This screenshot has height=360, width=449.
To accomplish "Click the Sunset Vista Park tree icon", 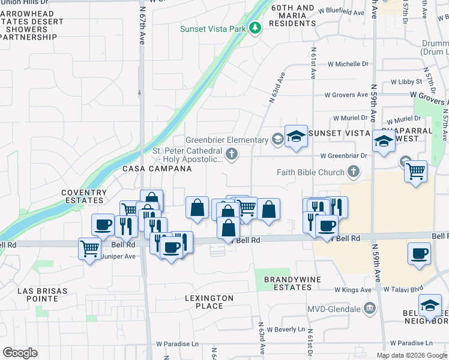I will pyautogui.click(x=255, y=28).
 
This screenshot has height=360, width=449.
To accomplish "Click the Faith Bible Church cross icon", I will pyautogui.click(x=354, y=172).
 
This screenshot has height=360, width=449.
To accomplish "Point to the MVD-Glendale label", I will pyautogui.click(x=336, y=309).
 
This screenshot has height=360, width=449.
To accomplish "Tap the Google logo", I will pyautogui.click(x=20, y=352).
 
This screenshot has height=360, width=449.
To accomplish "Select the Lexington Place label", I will pyautogui.click(x=209, y=302).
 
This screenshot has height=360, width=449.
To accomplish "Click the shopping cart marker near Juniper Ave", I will pyautogui.click(x=89, y=247).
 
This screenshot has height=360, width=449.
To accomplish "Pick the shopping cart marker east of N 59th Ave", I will pyautogui.click(x=415, y=170).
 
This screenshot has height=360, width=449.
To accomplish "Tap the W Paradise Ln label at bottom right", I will pyautogui.click(x=411, y=343).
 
